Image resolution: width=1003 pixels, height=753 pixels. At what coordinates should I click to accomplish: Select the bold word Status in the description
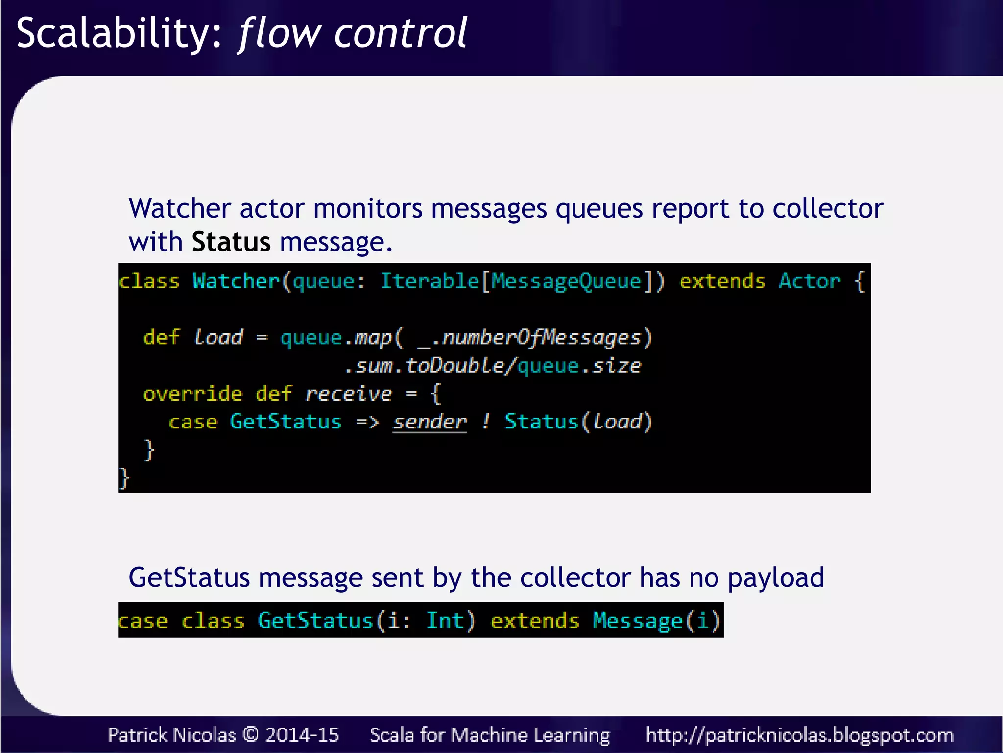pyautogui.click(x=231, y=242)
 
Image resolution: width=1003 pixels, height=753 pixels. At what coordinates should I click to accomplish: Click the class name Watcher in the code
pyautogui.click(x=236, y=281)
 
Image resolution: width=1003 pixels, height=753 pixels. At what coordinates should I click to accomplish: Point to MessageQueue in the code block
pyautogui.click(x=566, y=281)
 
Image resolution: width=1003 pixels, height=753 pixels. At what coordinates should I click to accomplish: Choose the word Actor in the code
pyautogui.click(x=809, y=281)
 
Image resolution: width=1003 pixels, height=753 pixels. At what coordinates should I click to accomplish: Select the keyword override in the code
pyautogui.click(x=192, y=394)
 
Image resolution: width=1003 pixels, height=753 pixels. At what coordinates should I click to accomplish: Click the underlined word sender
pyautogui.click(x=430, y=422)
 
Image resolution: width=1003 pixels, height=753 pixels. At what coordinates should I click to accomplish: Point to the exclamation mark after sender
pyautogui.click(x=485, y=422)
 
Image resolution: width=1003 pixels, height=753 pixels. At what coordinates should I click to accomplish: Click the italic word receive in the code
pyautogui.click(x=348, y=394)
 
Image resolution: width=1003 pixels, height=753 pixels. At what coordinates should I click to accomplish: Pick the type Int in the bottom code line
pyautogui.click(x=444, y=621)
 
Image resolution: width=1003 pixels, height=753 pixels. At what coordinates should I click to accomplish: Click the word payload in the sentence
pyautogui.click(x=776, y=578)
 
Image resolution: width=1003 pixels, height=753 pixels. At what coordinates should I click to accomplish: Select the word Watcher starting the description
pyautogui.click(x=179, y=209)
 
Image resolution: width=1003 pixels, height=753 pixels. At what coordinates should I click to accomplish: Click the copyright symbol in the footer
pyautogui.click(x=250, y=735)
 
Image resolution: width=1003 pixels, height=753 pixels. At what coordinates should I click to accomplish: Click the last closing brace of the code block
pyautogui.click(x=124, y=478)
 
